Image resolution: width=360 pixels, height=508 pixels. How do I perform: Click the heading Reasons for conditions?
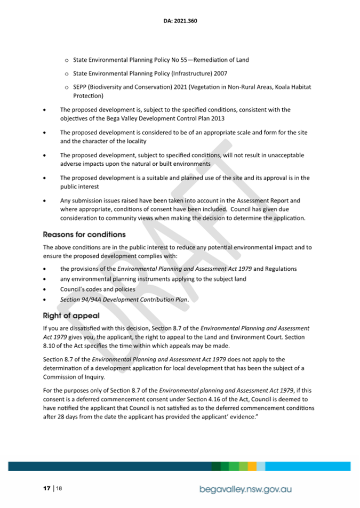click(84, 235)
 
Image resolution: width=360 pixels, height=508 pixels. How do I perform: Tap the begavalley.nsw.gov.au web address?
click(246, 489)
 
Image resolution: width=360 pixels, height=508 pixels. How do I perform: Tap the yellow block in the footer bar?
click(252, 466)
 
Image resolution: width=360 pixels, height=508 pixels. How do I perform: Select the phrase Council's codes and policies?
click(90, 289)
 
